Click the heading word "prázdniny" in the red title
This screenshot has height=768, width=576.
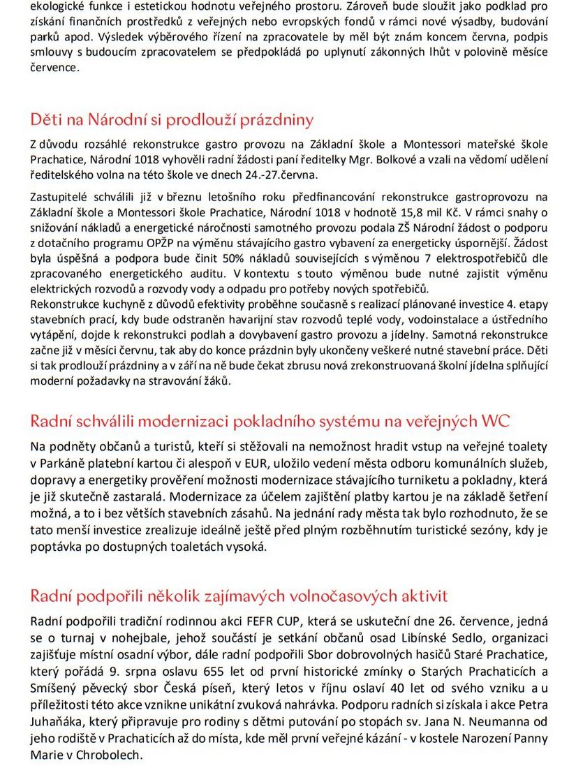tap(276, 119)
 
